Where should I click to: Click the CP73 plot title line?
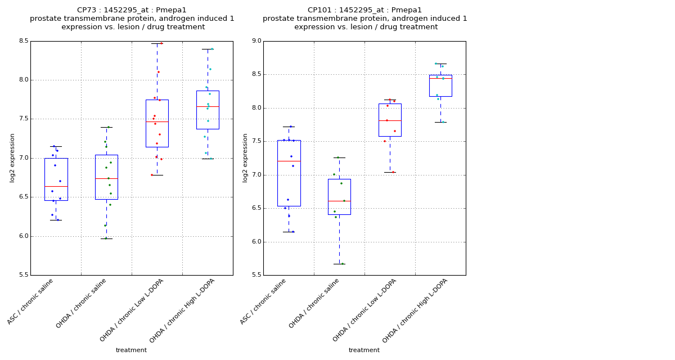pos(132,10)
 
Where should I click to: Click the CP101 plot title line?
pos(364,10)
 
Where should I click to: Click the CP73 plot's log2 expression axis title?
pos(12,157)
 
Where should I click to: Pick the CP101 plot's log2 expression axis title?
pos(245,157)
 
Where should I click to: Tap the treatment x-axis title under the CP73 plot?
pos(131,350)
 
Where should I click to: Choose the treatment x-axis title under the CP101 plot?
pos(364,350)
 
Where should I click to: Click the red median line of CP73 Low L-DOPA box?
pos(157,121)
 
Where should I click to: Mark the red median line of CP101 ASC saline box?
pos(289,161)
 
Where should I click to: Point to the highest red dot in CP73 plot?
pos(161,43)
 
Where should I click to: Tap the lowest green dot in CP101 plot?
pos(343,263)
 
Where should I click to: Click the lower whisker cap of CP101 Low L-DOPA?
pos(390,172)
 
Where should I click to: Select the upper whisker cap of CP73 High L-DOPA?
pos(208,49)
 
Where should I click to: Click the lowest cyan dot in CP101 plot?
pos(443,122)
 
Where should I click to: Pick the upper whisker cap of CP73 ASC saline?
pos(56,146)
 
